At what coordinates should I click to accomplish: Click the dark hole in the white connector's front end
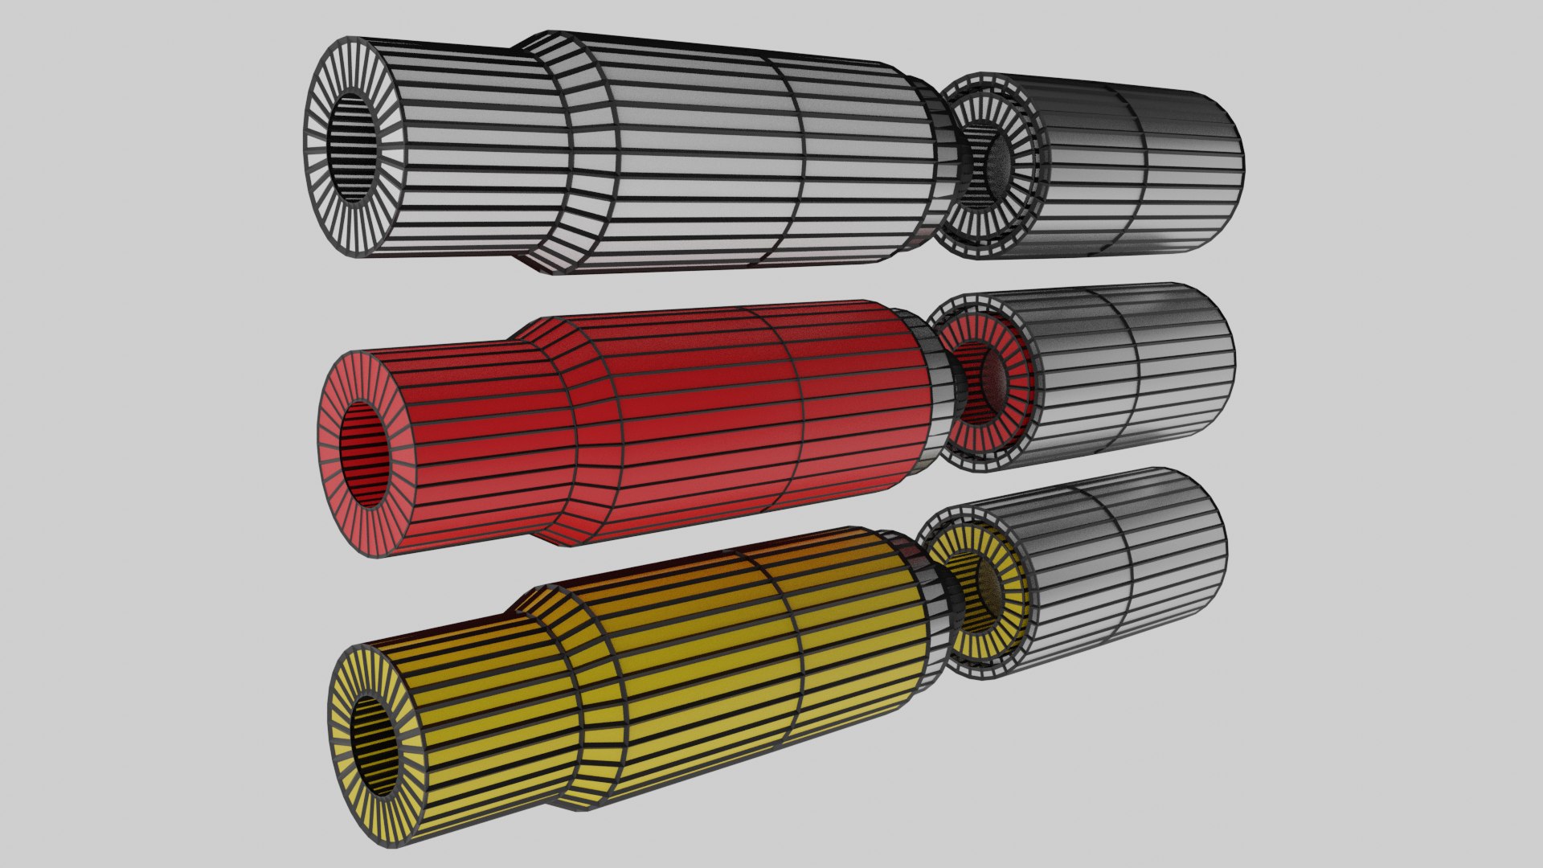coord(354,147)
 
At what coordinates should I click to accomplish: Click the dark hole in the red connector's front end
coord(366,455)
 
